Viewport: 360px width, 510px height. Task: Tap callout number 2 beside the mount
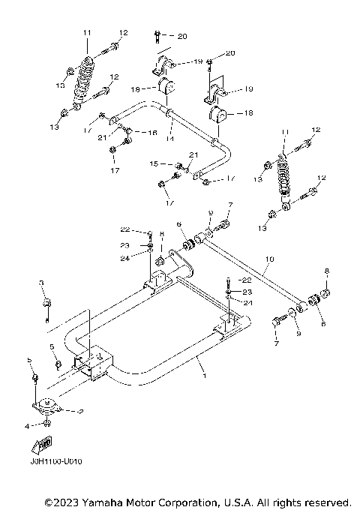pos(80,412)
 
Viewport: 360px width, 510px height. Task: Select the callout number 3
pos(43,283)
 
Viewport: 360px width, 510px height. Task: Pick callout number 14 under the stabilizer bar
pos(170,139)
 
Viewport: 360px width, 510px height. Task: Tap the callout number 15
pos(153,163)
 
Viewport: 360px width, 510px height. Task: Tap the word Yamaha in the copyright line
pos(101,501)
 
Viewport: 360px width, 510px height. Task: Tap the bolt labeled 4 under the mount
pos(46,425)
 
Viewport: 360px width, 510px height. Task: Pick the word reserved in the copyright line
pos(324,501)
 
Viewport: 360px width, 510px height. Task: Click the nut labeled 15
pos(180,165)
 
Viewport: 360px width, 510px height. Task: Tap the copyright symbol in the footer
pos(49,501)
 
